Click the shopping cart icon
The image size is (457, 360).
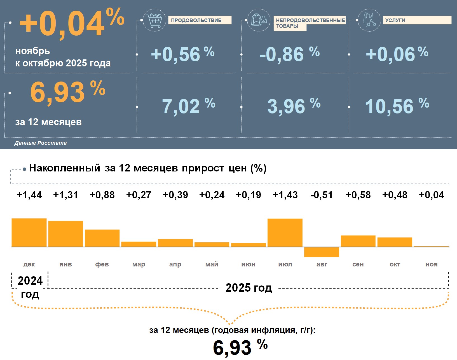pyautogui.click(x=154, y=20)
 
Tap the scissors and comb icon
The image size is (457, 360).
pyautogui.click(x=369, y=20)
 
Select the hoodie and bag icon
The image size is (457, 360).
pyautogui.click(x=259, y=20)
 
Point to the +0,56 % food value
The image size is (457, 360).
pyautogui.click(x=182, y=54)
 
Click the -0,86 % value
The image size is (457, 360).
pyautogui.click(x=289, y=54)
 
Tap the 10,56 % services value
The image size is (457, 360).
pyautogui.click(x=397, y=106)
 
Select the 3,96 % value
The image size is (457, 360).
pyautogui.click(x=294, y=106)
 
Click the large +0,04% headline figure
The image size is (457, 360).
pyautogui.click(x=72, y=23)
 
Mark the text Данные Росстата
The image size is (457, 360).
pyautogui.click(x=41, y=143)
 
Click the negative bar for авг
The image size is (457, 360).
pyautogui.click(x=322, y=252)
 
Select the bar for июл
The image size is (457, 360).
pyautogui.click(x=285, y=233)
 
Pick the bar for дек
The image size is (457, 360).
pyautogui.click(x=29, y=233)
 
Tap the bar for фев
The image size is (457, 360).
pyautogui.click(x=102, y=238)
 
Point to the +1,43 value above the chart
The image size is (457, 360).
pyautogui.click(x=285, y=195)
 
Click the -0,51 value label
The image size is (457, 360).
pyautogui.click(x=322, y=195)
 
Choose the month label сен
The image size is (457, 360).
pyautogui.click(x=358, y=264)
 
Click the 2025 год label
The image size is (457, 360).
pyautogui.click(x=249, y=288)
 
